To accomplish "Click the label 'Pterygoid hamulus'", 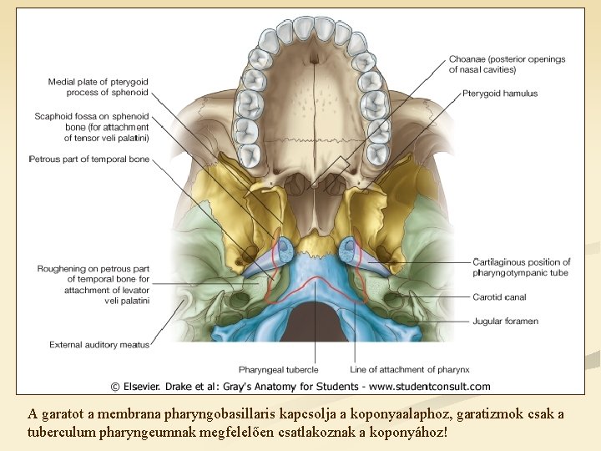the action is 499,94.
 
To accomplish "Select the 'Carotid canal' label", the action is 499,297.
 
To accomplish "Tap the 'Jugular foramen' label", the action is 505,321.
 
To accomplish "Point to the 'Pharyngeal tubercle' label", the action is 278,369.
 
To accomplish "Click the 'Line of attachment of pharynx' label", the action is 410,369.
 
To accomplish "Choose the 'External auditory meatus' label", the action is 99,344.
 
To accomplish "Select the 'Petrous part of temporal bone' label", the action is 88,159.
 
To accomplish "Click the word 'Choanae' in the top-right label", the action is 467,59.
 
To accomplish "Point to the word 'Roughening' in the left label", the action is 63,268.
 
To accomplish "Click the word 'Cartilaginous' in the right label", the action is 504,262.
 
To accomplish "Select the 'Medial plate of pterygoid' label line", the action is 98,82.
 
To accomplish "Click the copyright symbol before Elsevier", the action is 117,387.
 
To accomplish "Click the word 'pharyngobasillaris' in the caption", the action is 223,414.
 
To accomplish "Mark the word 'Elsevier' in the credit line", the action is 144,387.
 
